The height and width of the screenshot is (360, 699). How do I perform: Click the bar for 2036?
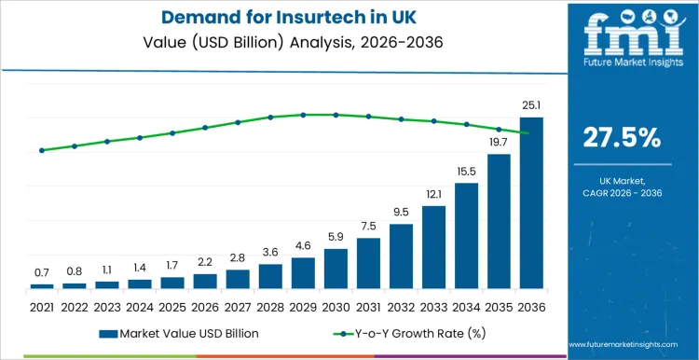(531, 202)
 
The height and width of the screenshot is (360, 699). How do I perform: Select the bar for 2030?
(336, 269)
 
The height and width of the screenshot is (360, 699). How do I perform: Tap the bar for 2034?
(466, 235)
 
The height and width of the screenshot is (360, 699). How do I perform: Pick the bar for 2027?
(238, 279)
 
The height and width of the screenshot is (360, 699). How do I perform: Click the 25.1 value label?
(531, 105)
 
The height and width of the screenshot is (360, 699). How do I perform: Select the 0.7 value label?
(42, 272)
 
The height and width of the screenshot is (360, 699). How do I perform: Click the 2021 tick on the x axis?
(42, 305)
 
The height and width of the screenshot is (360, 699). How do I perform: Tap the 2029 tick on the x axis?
(303, 305)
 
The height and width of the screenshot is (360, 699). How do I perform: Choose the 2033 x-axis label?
(433, 305)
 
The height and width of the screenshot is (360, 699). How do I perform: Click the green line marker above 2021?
(42, 150)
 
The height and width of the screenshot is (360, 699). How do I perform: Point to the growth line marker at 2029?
(303, 115)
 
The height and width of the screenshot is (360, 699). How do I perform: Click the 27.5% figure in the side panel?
(622, 138)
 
